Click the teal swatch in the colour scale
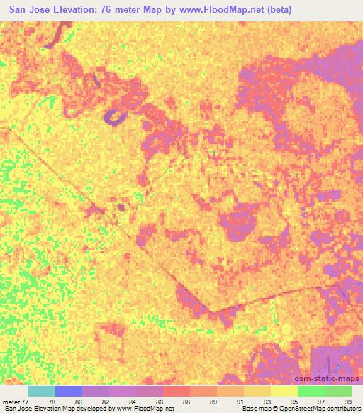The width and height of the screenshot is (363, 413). click(x=41, y=391)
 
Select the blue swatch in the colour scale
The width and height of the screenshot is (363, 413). click(x=68, y=391)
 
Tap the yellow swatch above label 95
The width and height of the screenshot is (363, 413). click(x=284, y=391)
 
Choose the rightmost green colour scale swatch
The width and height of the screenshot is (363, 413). click(x=337, y=391)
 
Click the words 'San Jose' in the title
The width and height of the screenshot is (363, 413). click(x=29, y=11)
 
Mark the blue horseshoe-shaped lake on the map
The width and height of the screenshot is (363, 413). click(x=113, y=117)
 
